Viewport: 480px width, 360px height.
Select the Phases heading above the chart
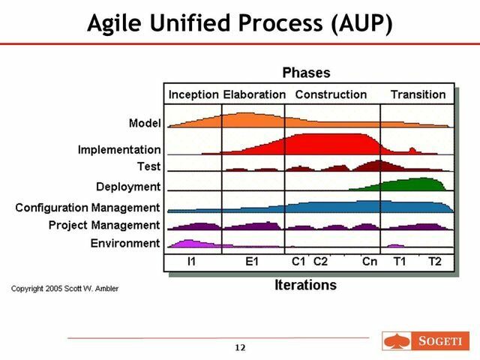[x=306, y=73]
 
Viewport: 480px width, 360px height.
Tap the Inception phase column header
[x=193, y=94]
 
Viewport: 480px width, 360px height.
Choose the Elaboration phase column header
[x=254, y=94]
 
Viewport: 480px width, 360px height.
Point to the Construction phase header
[x=331, y=94]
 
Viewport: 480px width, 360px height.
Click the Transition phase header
[x=418, y=94]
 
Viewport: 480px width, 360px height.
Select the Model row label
[x=145, y=123]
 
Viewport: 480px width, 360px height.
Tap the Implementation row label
[x=118, y=150]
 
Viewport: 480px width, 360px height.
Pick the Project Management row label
[x=103, y=225]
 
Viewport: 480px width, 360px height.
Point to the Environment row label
[x=124, y=243]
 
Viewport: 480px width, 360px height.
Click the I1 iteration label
[x=192, y=262]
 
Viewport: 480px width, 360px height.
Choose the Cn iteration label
[x=369, y=262]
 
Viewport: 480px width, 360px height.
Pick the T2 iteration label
[x=435, y=262]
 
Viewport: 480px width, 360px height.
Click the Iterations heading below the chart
[x=306, y=285]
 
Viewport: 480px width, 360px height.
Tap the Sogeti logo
[x=424, y=342]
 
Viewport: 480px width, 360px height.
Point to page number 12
[x=240, y=347]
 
